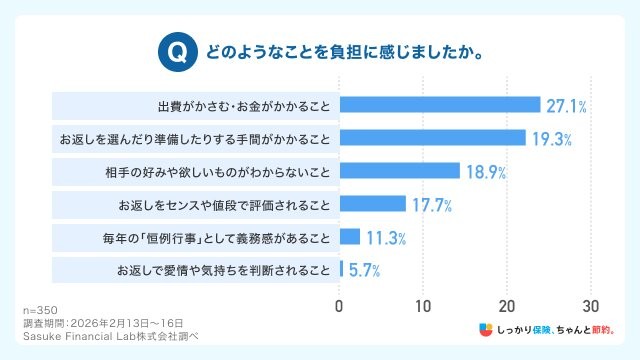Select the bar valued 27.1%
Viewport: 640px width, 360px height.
pyautogui.click(x=440, y=105)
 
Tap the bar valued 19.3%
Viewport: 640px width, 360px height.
pyautogui.click(x=432, y=137)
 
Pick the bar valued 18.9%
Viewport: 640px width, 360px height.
pyautogui.click(x=400, y=170)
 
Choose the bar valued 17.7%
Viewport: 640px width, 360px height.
pyautogui.click(x=373, y=204)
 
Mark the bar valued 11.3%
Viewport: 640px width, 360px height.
pyautogui.click(x=350, y=237)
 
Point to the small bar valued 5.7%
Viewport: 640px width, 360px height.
pyautogui.click(x=342, y=269)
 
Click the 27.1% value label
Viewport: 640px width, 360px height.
pyautogui.click(x=566, y=105)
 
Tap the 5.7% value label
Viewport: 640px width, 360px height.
pyautogui.click(x=364, y=270)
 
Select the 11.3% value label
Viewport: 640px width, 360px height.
pyautogui.click(x=387, y=237)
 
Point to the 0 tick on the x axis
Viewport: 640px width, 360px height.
pyautogui.click(x=340, y=305)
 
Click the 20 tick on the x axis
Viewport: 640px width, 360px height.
pyautogui.click(x=508, y=305)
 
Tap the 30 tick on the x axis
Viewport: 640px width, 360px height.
pyautogui.click(x=591, y=305)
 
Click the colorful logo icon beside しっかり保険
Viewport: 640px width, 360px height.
pyautogui.click(x=484, y=330)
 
